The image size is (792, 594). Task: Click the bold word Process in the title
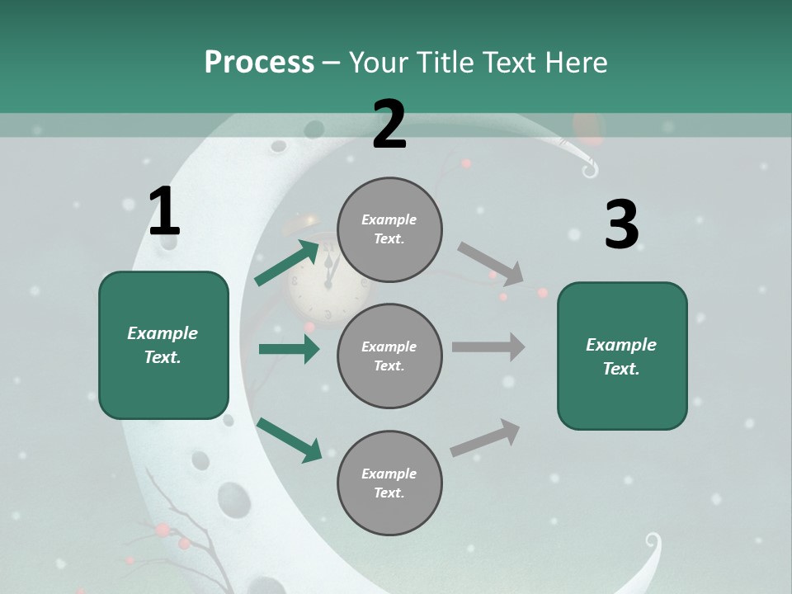259,63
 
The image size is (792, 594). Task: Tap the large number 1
164,212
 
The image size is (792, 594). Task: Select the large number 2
389,125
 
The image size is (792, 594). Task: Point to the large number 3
621,224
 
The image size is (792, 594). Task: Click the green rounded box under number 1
163,345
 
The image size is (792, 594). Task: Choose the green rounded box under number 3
622,356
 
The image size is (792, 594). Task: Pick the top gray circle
389,229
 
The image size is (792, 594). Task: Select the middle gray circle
389,356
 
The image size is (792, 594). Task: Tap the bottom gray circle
389,483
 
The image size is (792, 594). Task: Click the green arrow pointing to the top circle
287,262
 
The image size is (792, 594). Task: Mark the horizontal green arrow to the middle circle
289,349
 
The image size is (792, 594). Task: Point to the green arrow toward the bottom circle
289,440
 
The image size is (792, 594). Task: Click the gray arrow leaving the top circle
491,264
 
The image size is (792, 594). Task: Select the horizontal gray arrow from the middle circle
488,346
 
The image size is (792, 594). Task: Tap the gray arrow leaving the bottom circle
485,437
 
